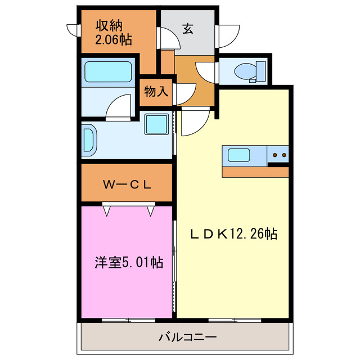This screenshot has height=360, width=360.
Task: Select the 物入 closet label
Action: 156,91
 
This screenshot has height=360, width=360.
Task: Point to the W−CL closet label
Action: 127,184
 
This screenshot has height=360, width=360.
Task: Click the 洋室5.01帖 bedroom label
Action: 129,262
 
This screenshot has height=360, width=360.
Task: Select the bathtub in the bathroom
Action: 108,71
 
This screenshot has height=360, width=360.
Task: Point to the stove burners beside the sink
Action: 278,154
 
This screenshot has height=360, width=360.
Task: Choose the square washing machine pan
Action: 156,124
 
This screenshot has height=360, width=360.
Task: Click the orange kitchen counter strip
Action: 255,172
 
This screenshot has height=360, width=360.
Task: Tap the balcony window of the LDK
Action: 224,321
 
